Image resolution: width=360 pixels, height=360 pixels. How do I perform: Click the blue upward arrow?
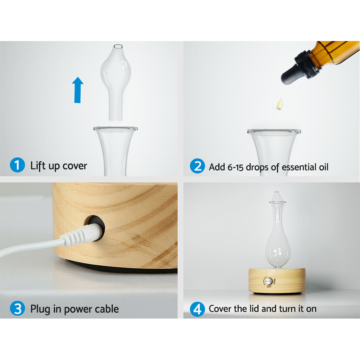[77, 90]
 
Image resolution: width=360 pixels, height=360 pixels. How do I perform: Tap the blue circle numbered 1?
[17, 166]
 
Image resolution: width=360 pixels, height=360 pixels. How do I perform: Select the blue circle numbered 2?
[197, 166]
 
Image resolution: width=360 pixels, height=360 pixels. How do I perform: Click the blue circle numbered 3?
[17, 309]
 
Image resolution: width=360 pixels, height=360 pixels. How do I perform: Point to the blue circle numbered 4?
[197, 309]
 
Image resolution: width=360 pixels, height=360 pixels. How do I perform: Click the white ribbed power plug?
[77, 236]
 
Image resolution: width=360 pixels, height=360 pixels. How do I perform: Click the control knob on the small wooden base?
[268, 281]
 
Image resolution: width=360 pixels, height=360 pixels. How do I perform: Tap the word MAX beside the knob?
[274, 281]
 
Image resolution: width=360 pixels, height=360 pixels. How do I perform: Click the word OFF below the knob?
[269, 287]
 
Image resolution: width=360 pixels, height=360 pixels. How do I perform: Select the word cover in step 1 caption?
[75, 166]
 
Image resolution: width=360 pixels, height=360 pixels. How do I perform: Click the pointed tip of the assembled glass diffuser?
[276, 193]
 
